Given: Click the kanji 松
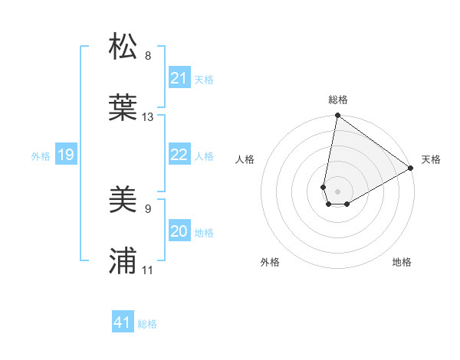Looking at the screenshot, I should click(123, 47).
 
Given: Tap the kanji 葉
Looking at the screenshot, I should click(123, 106).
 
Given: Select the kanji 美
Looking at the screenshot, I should click(123, 201).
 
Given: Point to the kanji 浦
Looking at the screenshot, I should click(123, 261).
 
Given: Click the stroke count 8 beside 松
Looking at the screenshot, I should click(148, 56).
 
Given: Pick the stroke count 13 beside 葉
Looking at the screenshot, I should click(148, 117).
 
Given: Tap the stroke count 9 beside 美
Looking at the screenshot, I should click(148, 208).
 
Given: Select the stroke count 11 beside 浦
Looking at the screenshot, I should click(148, 270).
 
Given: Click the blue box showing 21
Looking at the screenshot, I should click(179, 78).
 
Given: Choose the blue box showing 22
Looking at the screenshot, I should click(179, 155).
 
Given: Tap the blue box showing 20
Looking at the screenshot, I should click(179, 231).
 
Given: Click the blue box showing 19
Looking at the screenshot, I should click(65, 155).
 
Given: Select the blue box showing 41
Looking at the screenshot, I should click(122, 322).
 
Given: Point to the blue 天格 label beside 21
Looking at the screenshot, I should click(204, 79).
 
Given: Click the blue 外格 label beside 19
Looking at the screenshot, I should click(41, 156).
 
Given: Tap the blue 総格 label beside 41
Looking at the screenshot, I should click(147, 323).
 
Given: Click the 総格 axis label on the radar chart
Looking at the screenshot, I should click(338, 100).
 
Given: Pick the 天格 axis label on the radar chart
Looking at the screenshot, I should click(431, 159).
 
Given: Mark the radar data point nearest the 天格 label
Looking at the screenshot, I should click(411, 169).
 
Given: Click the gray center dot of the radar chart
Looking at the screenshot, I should click(338, 181).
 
